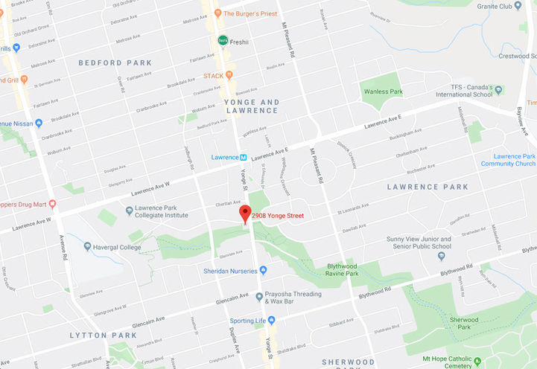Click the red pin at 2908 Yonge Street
pyautogui.click(x=244, y=213)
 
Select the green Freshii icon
pyautogui.click(x=222, y=40)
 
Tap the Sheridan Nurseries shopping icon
pyautogui.click(x=263, y=270)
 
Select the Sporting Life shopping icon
pyautogui.click(x=271, y=320)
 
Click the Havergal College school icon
pyautogui.click(x=88, y=247)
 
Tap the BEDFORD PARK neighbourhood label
pyautogui.click(x=115, y=63)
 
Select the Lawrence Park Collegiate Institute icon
pyautogui.click(x=128, y=211)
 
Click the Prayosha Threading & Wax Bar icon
pyautogui.click(x=258, y=296)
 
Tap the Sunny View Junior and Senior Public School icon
pyautogui.click(x=441, y=256)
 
